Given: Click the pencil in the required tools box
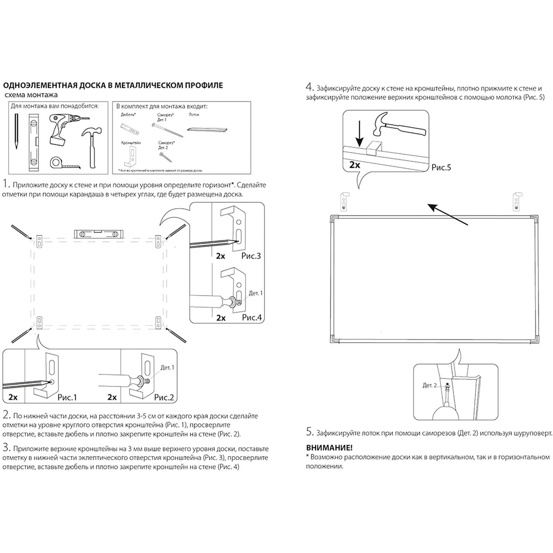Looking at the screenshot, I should click(x=16, y=131).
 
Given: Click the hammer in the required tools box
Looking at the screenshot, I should click(x=91, y=146).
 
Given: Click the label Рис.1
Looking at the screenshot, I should click(x=67, y=397).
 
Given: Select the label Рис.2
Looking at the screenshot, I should click(x=164, y=397).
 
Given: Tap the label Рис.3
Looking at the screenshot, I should click(x=251, y=255).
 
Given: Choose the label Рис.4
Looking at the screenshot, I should click(x=252, y=317).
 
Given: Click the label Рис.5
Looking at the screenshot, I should click(x=441, y=167).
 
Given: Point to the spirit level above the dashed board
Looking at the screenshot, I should click(x=99, y=234).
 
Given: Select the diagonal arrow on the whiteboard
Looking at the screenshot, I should click(x=448, y=214).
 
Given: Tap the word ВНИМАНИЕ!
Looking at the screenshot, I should click(x=329, y=448).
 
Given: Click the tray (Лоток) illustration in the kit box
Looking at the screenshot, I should click(x=207, y=129).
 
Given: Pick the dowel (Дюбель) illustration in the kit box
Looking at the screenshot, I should click(x=130, y=129).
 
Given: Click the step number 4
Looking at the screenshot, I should click(x=310, y=87).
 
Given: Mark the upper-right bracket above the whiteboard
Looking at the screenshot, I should click(x=518, y=201).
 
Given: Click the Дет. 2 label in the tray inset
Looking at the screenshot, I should click(x=429, y=385).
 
